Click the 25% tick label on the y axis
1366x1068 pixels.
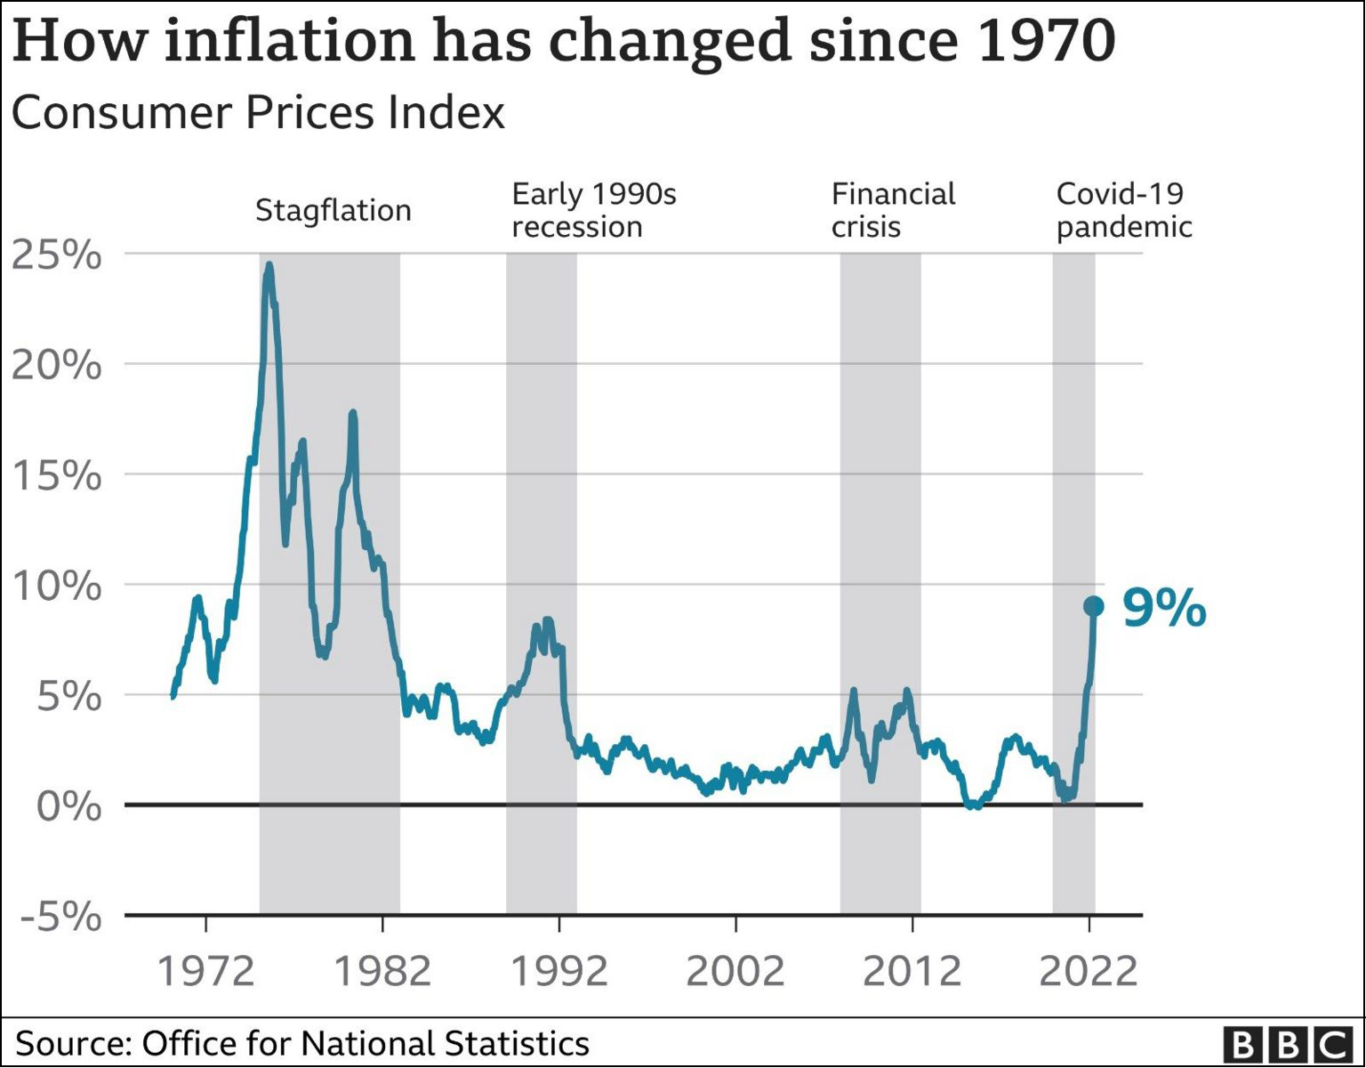57,255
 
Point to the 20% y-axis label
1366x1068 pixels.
57,365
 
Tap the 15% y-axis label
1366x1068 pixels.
57,476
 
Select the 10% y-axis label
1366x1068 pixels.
57,587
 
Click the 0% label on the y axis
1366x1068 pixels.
68,806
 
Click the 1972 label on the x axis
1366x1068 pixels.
205,970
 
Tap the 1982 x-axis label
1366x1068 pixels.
382,970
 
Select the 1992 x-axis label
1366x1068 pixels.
558,970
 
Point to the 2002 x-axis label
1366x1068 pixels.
735,970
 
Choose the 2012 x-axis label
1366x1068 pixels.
912,970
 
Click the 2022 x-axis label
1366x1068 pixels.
1089,970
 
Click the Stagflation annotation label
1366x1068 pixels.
333,211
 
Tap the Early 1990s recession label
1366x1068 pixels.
594,210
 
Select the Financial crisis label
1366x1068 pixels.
893,210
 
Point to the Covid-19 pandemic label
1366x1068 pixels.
1123,210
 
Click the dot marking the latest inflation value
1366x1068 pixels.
1094,606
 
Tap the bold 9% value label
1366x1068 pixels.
1164,609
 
